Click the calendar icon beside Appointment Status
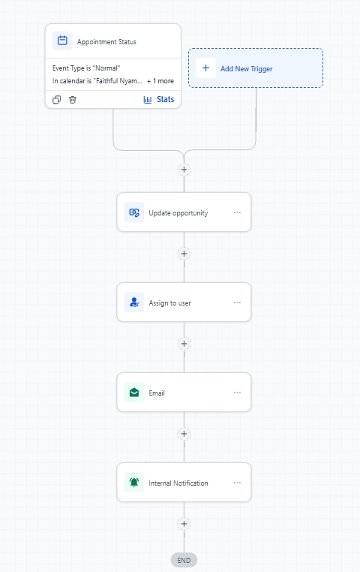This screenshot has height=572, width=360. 62,41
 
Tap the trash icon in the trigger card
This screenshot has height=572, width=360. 73,100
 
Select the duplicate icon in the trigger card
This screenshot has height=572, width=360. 56,100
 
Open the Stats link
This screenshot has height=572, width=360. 159,99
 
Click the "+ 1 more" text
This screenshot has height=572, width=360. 160,81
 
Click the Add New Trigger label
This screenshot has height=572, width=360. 246,68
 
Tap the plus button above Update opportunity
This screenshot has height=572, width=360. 184,170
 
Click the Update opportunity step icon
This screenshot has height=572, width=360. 134,212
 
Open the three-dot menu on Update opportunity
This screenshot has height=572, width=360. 237,212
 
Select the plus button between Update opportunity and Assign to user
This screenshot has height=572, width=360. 184,254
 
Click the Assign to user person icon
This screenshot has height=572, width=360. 134,303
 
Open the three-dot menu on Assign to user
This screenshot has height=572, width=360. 237,303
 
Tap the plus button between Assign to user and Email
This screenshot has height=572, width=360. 184,344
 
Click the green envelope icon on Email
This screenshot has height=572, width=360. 134,393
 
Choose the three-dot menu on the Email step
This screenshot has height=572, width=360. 237,393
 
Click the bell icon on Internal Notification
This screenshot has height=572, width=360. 134,483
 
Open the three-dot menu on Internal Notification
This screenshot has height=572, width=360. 237,483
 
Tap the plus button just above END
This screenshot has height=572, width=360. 184,524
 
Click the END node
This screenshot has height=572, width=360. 184,560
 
